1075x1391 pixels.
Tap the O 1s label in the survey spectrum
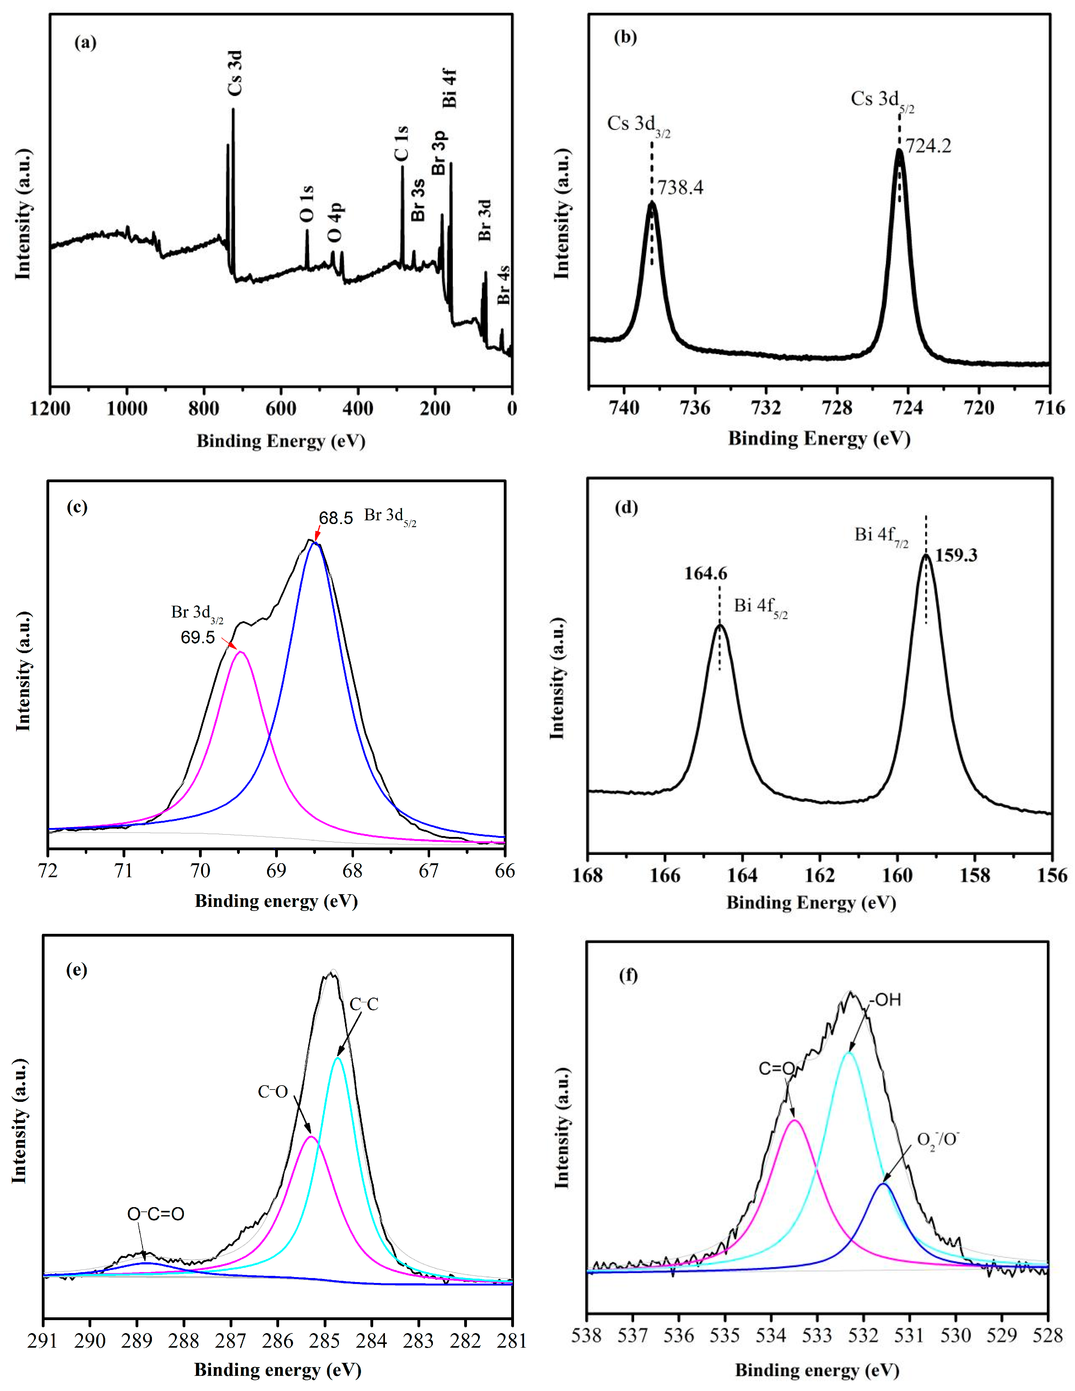pyautogui.click(x=307, y=204)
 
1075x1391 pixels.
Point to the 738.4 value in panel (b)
pyautogui.click(x=680, y=188)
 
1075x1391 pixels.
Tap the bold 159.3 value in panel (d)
pyautogui.click(x=956, y=555)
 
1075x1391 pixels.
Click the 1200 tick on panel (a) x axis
pyautogui.click(x=50, y=408)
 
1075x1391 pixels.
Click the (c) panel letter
pyautogui.click(x=76, y=507)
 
